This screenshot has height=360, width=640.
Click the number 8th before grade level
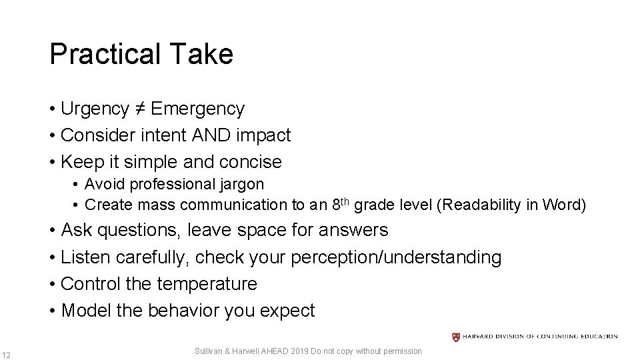click(x=340, y=203)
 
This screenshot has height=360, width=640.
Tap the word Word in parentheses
click(x=565, y=205)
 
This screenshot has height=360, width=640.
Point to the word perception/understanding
click(x=396, y=257)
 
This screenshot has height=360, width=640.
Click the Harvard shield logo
click(x=456, y=337)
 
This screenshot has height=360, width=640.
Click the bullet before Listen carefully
click(x=52, y=257)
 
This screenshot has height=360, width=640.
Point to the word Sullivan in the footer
click(x=210, y=351)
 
